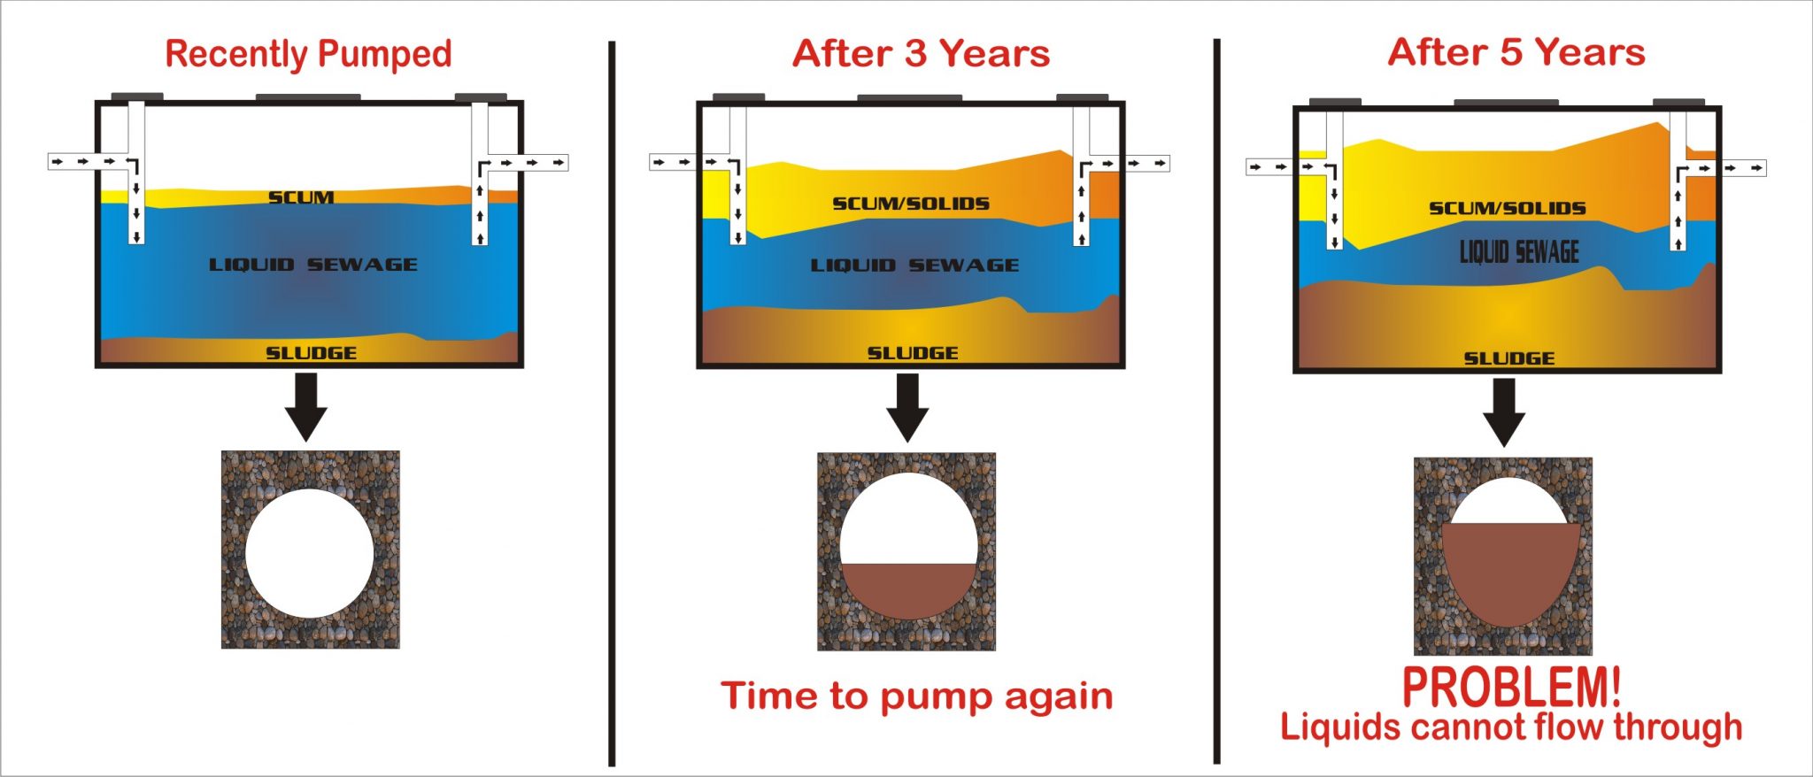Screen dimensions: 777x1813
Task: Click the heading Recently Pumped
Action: tap(308, 55)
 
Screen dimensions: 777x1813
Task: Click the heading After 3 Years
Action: tap(921, 54)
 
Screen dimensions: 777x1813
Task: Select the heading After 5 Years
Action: tap(1516, 52)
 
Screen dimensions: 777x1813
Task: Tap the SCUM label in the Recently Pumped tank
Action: tap(301, 197)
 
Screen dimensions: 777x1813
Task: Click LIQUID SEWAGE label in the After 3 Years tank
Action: tap(914, 265)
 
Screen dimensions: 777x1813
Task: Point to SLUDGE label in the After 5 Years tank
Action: tap(1508, 358)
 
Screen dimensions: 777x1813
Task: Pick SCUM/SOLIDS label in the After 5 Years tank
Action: tap(1507, 209)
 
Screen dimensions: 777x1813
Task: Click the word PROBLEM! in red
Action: tap(1511, 687)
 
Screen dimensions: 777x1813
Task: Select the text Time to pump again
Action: tap(916, 696)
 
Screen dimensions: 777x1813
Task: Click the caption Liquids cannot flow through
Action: tap(1510, 727)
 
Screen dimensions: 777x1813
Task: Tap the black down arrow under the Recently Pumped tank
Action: tap(306, 406)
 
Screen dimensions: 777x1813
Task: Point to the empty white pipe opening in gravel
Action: tap(309, 553)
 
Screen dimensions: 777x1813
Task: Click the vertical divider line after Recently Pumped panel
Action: tap(612, 403)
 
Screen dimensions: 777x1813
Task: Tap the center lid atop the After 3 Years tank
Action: tap(909, 98)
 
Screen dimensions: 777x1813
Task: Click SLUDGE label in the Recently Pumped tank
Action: tap(311, 353)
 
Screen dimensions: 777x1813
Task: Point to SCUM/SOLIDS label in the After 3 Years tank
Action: tap(910, 204)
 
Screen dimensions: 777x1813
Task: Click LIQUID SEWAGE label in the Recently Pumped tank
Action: tap(312, 265)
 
